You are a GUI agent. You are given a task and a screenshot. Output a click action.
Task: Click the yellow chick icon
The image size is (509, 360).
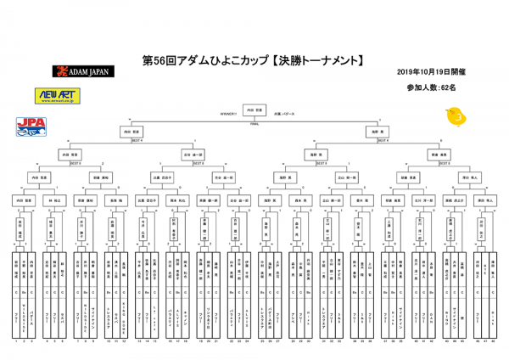click(x=456, y=115)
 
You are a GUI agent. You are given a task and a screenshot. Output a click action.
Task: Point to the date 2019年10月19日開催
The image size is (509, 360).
click(x=432, y=73)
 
